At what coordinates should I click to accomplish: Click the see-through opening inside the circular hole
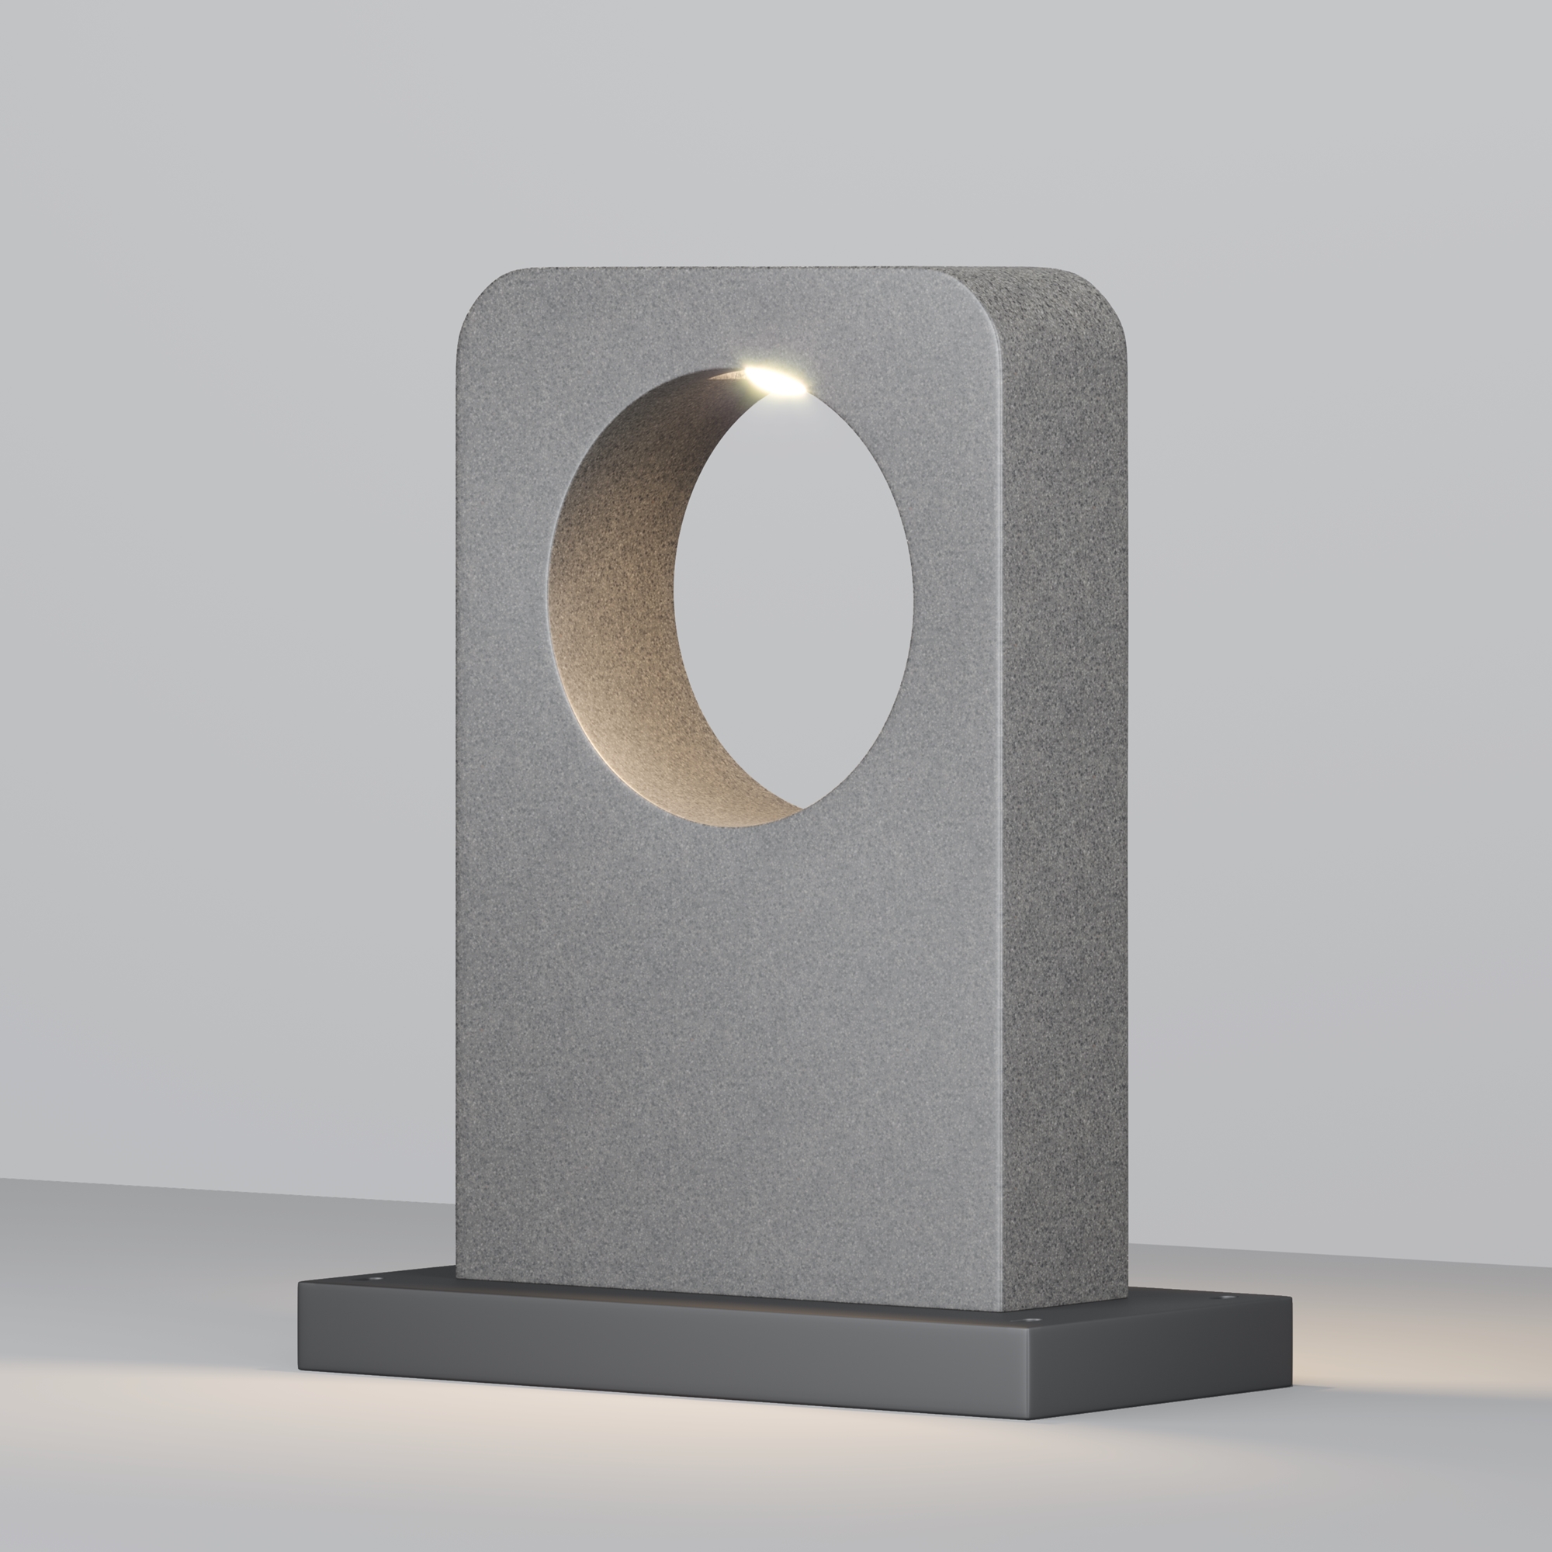pos(795,594)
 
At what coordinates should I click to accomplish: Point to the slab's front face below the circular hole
pos(723,1044)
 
